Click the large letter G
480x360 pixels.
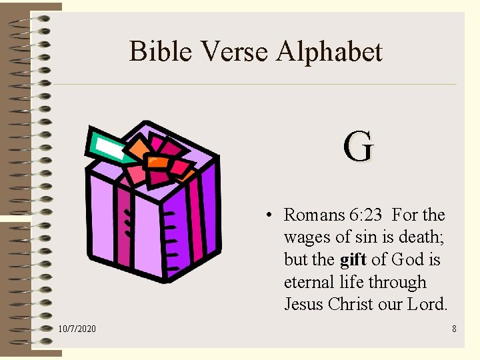[x=359, y=147]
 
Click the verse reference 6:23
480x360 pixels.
[x=365, y=215]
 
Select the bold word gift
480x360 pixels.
[x=353, y=259]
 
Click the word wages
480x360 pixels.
[x=307, y=237]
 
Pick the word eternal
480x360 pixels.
[x=310, y=282]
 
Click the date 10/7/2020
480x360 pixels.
[x=77, y=329]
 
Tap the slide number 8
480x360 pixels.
[x=454, y=329]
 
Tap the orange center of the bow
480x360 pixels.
[x=158, y=161]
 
